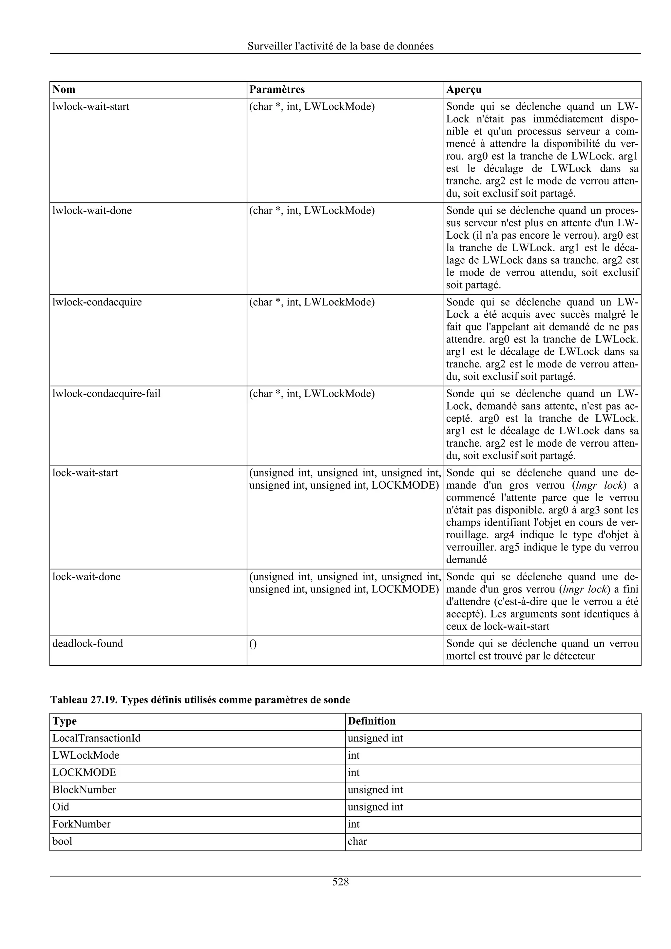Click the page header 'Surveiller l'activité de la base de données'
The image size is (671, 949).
pyautogui.click(x=340, y=46)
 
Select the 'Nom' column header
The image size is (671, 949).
pyautogui.click(x=64, y=90)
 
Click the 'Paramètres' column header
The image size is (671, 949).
pyautogui.click(x=277, y=90)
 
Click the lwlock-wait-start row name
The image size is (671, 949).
pyautogui.click(x=91, y=107)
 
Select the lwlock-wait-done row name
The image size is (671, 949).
pyautogui.click(x=92, y=211)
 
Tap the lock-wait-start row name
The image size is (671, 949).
pyautogui.click(x=85, y=473)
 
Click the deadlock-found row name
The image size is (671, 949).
pyautogui.click(x=88, y=643)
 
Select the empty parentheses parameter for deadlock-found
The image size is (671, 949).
pyautogui.click(x=253, y=644)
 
